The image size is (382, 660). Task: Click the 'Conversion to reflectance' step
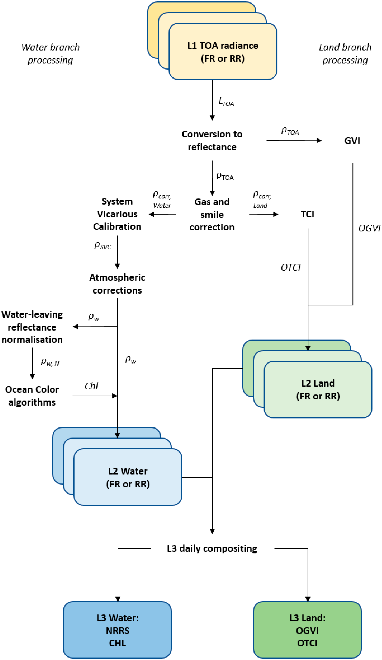click(212, 140)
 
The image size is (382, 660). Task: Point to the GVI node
click(352, 141)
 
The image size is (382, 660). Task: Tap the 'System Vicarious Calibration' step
click(117, 214)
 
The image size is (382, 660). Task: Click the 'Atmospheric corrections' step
click(117, 284)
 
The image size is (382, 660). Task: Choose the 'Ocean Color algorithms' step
click(32, 396)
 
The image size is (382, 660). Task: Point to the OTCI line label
click(291, 267)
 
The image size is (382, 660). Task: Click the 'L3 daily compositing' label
click(212, 548)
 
